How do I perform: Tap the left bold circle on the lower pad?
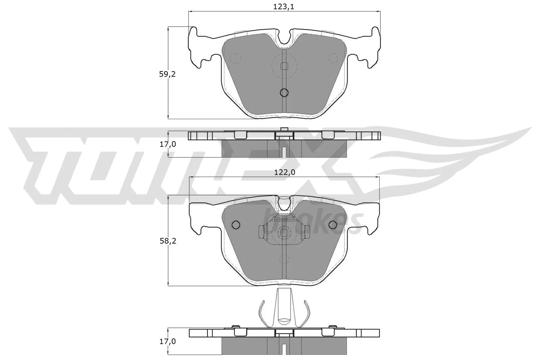click(236, 225)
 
